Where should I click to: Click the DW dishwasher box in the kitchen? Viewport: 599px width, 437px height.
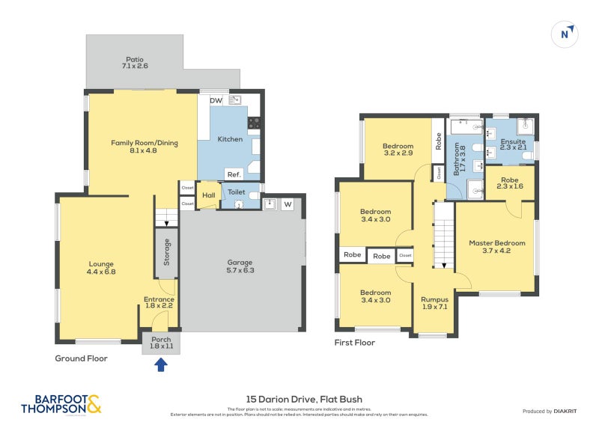click(216, 100)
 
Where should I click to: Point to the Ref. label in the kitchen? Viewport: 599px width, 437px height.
click(233, 173)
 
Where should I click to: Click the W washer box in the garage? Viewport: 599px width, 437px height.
click(288, 204)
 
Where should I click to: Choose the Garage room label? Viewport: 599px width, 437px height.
click(240, 266)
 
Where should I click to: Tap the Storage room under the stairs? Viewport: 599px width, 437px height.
click(167, 252)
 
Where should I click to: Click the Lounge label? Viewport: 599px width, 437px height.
click(101, 267)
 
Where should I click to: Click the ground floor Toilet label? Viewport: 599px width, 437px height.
click(236, 192)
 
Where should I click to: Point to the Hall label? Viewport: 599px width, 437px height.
click(208, 196)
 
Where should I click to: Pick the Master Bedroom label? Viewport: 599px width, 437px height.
click(497, 247)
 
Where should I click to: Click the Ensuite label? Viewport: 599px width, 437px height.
click(513, 144)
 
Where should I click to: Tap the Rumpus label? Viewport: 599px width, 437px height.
click(434, 304)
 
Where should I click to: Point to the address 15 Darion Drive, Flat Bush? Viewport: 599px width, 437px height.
click(304, 399)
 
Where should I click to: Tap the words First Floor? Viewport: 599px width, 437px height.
click(354, 343)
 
